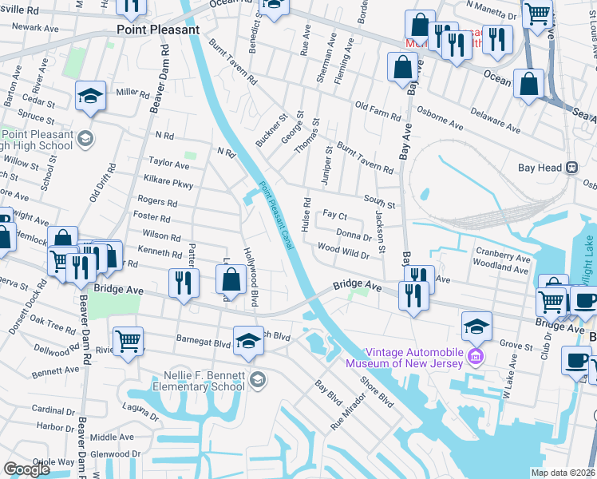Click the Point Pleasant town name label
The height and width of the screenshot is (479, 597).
pos(157,30)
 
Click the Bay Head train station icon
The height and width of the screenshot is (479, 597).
pos(571,168)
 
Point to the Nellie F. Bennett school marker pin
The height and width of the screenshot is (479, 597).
pos(257,379)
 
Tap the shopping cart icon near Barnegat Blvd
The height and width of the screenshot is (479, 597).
pos(128,342)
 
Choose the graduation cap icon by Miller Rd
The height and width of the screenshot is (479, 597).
pos(90,97)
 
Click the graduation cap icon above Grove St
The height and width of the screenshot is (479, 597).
pos(476,326)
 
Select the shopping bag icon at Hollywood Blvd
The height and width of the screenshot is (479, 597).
pos(231,279)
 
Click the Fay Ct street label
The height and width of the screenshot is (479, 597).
pos(334,216)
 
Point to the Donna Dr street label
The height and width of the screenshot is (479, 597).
pos(354,236)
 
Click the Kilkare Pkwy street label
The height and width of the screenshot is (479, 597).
pos(168,183)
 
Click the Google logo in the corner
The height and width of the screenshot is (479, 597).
pos(26,469)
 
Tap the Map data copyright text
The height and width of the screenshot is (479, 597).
pos(563,473)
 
